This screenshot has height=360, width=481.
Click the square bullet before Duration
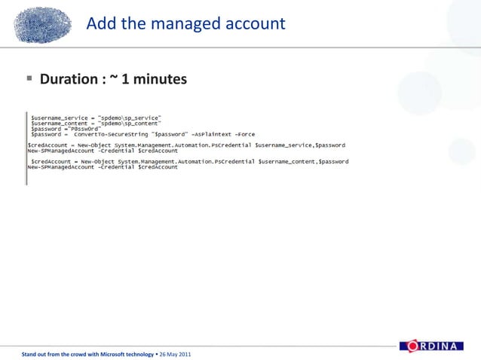[28, 78]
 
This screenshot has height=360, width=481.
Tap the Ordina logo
[439, 346]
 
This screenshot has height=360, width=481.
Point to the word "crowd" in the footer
[69, 353]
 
